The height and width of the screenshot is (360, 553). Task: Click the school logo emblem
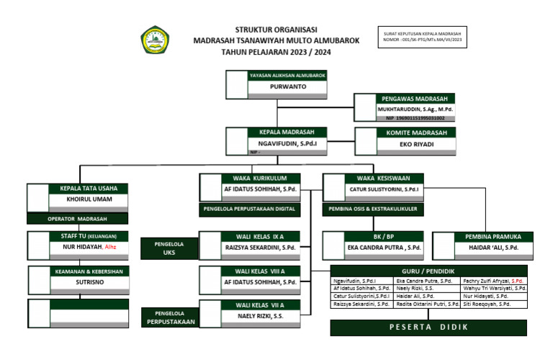pyautogui.click(x=155, y=40)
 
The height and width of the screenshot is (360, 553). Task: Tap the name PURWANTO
pyautogui.click(x=287, y=86)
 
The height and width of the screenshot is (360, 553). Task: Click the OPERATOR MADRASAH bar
pyautogui.click(x=77, y=218)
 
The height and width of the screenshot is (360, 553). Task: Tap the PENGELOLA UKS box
pyautogui.click(x=169, y=248)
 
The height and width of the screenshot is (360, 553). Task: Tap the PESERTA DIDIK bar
pyautogui.click(x=428, y=327)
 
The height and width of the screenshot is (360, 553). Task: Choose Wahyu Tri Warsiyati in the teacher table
pyautogui.click(x=495, y=288)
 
